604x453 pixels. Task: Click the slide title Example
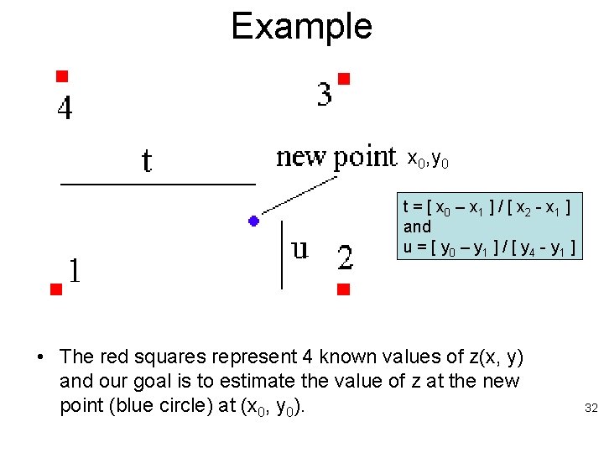coord(301,26)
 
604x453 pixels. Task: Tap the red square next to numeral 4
coord(61,75)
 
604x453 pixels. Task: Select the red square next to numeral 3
coord(343,79)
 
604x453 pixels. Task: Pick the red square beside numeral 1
coord(55,290)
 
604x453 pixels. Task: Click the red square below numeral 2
coord(342,290)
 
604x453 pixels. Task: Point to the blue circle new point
coord(253,221)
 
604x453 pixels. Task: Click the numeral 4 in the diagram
coord(65,109)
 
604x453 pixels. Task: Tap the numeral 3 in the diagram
coord(324,94)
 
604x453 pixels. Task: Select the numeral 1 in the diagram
coord(75,270)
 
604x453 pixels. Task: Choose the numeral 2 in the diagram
coord(345,258)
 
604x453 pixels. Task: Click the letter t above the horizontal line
coord(147,160)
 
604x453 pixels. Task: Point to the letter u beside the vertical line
coord(299,249)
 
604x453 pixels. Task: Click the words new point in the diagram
coord(336,157)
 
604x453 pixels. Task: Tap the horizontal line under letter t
coord(157,182)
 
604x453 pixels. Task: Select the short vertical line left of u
coord(282,254)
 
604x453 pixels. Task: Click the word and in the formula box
coord(417,227)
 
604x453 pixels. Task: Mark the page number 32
coord(591,409)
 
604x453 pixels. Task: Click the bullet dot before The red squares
coord(39,358)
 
